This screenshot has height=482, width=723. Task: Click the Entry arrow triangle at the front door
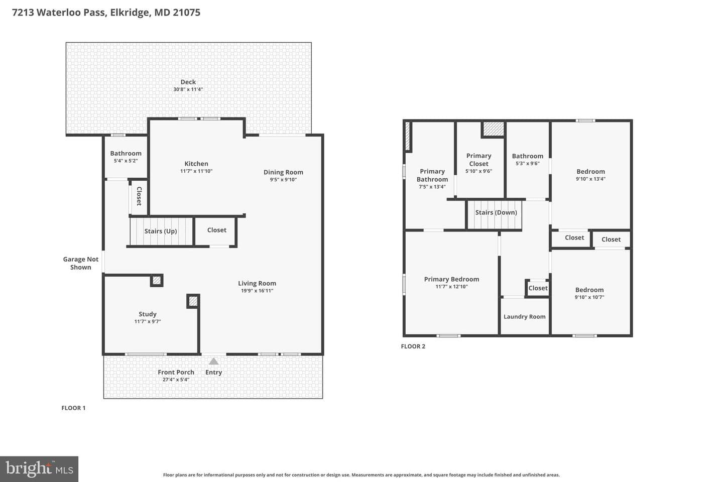coord(213,361)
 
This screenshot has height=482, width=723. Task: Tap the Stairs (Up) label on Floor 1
coord(161,231)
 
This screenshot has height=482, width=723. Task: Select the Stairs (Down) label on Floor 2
coord(496,212)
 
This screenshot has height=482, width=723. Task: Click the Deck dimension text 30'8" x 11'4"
coord(188,89)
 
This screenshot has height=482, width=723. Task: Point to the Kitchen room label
coord(196,164)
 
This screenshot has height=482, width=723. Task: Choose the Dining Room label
coord(283,172)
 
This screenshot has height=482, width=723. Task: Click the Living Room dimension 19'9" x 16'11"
coord(257,291)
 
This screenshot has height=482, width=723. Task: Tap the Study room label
coord(148,314)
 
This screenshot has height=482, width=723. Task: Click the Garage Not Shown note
coord(81,263)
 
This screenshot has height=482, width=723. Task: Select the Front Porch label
coord(176,372)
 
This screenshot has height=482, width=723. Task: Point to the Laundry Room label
coord(525,317)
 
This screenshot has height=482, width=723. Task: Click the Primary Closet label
coord(478,160)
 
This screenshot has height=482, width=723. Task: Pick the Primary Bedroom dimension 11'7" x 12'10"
coord(451,287)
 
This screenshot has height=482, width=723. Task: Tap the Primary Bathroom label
coord(432,175)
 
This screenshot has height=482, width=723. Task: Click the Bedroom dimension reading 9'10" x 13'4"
coord(590,179)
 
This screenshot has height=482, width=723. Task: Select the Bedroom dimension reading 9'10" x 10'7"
coord(589,297)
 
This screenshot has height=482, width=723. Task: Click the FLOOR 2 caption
coord(413,346)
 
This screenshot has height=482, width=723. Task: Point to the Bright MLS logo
coord(39,469)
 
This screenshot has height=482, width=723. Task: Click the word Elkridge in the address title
coord(131,12)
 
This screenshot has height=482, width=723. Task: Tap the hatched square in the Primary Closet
coord(493,129)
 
